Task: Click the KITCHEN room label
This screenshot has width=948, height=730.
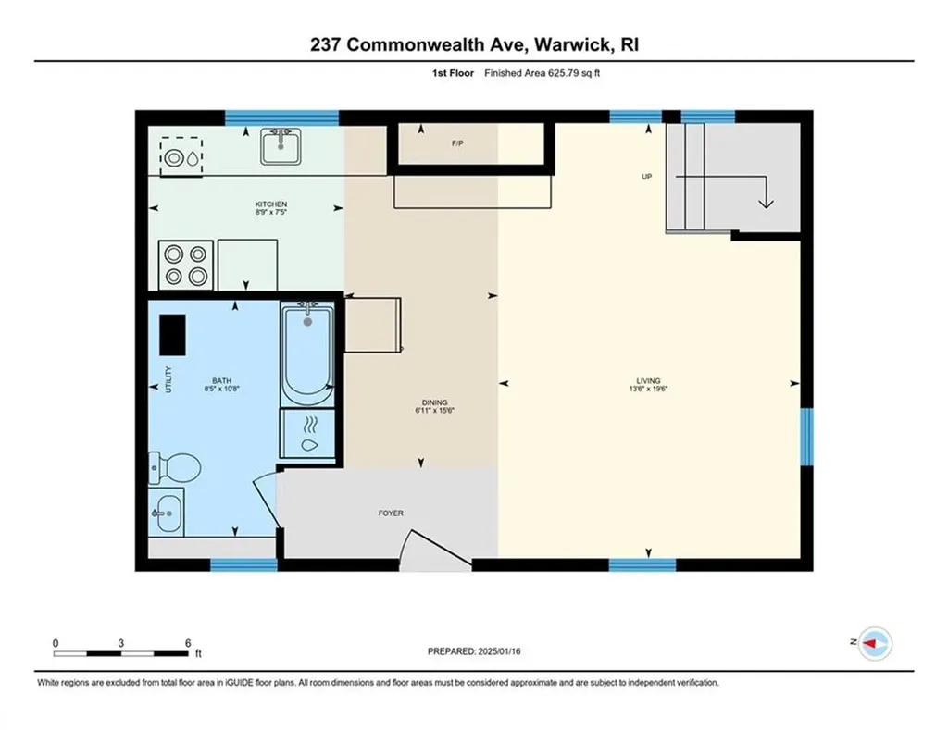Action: (271, 204)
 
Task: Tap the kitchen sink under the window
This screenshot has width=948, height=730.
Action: (281, 146)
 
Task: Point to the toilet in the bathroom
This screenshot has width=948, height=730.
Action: (173, 466)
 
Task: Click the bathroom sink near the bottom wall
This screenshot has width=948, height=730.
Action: (167, 512)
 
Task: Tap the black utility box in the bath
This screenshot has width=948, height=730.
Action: (172, 334)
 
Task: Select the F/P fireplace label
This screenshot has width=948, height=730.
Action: (456, 143)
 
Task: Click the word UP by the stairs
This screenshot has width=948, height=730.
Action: (649, 177)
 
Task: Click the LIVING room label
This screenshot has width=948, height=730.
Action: (648, 380)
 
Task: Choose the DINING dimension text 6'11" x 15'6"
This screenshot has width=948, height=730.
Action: (434, 411)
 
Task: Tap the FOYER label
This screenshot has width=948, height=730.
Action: (391, 513)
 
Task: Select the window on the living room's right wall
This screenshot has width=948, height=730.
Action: (806, 436)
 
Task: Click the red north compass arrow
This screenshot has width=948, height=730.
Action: (874, 642)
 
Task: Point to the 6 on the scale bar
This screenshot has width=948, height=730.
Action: (188, 643)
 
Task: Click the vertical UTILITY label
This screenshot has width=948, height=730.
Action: (168, 381)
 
